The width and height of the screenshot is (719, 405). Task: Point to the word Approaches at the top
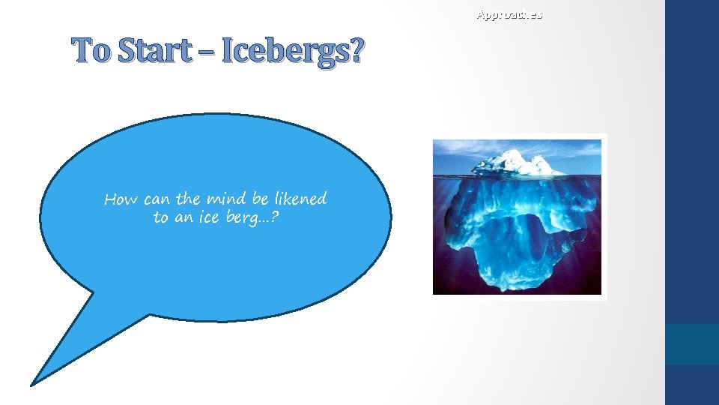pos(509,14)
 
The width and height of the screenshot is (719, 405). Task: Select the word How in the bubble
pos(121,199)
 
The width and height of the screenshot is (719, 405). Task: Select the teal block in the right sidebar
pos(691,344)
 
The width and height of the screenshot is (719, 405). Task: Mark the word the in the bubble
pos(188,199)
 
